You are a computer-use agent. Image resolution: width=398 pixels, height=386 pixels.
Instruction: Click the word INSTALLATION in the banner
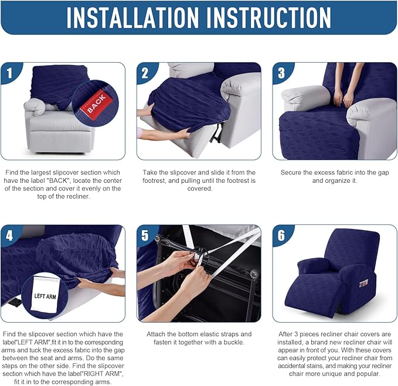tap(132, 17)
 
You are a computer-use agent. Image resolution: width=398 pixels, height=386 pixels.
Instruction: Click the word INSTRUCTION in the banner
tap(268, 17)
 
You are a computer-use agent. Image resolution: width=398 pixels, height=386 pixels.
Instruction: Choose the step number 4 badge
tap(9, 235)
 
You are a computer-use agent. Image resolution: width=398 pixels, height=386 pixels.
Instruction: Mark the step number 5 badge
tap(145, 235)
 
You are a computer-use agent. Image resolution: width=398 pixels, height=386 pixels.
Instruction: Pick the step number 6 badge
tap(281, 235)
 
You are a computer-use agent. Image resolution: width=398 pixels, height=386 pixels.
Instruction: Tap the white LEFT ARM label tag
tap(45, 294)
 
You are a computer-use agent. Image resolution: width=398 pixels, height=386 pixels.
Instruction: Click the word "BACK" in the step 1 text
tap(59, 180)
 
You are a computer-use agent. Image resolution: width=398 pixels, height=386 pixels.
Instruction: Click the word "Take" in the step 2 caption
tap(149, 172)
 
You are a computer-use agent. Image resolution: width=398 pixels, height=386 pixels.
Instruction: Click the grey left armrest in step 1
tap(35, 107)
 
